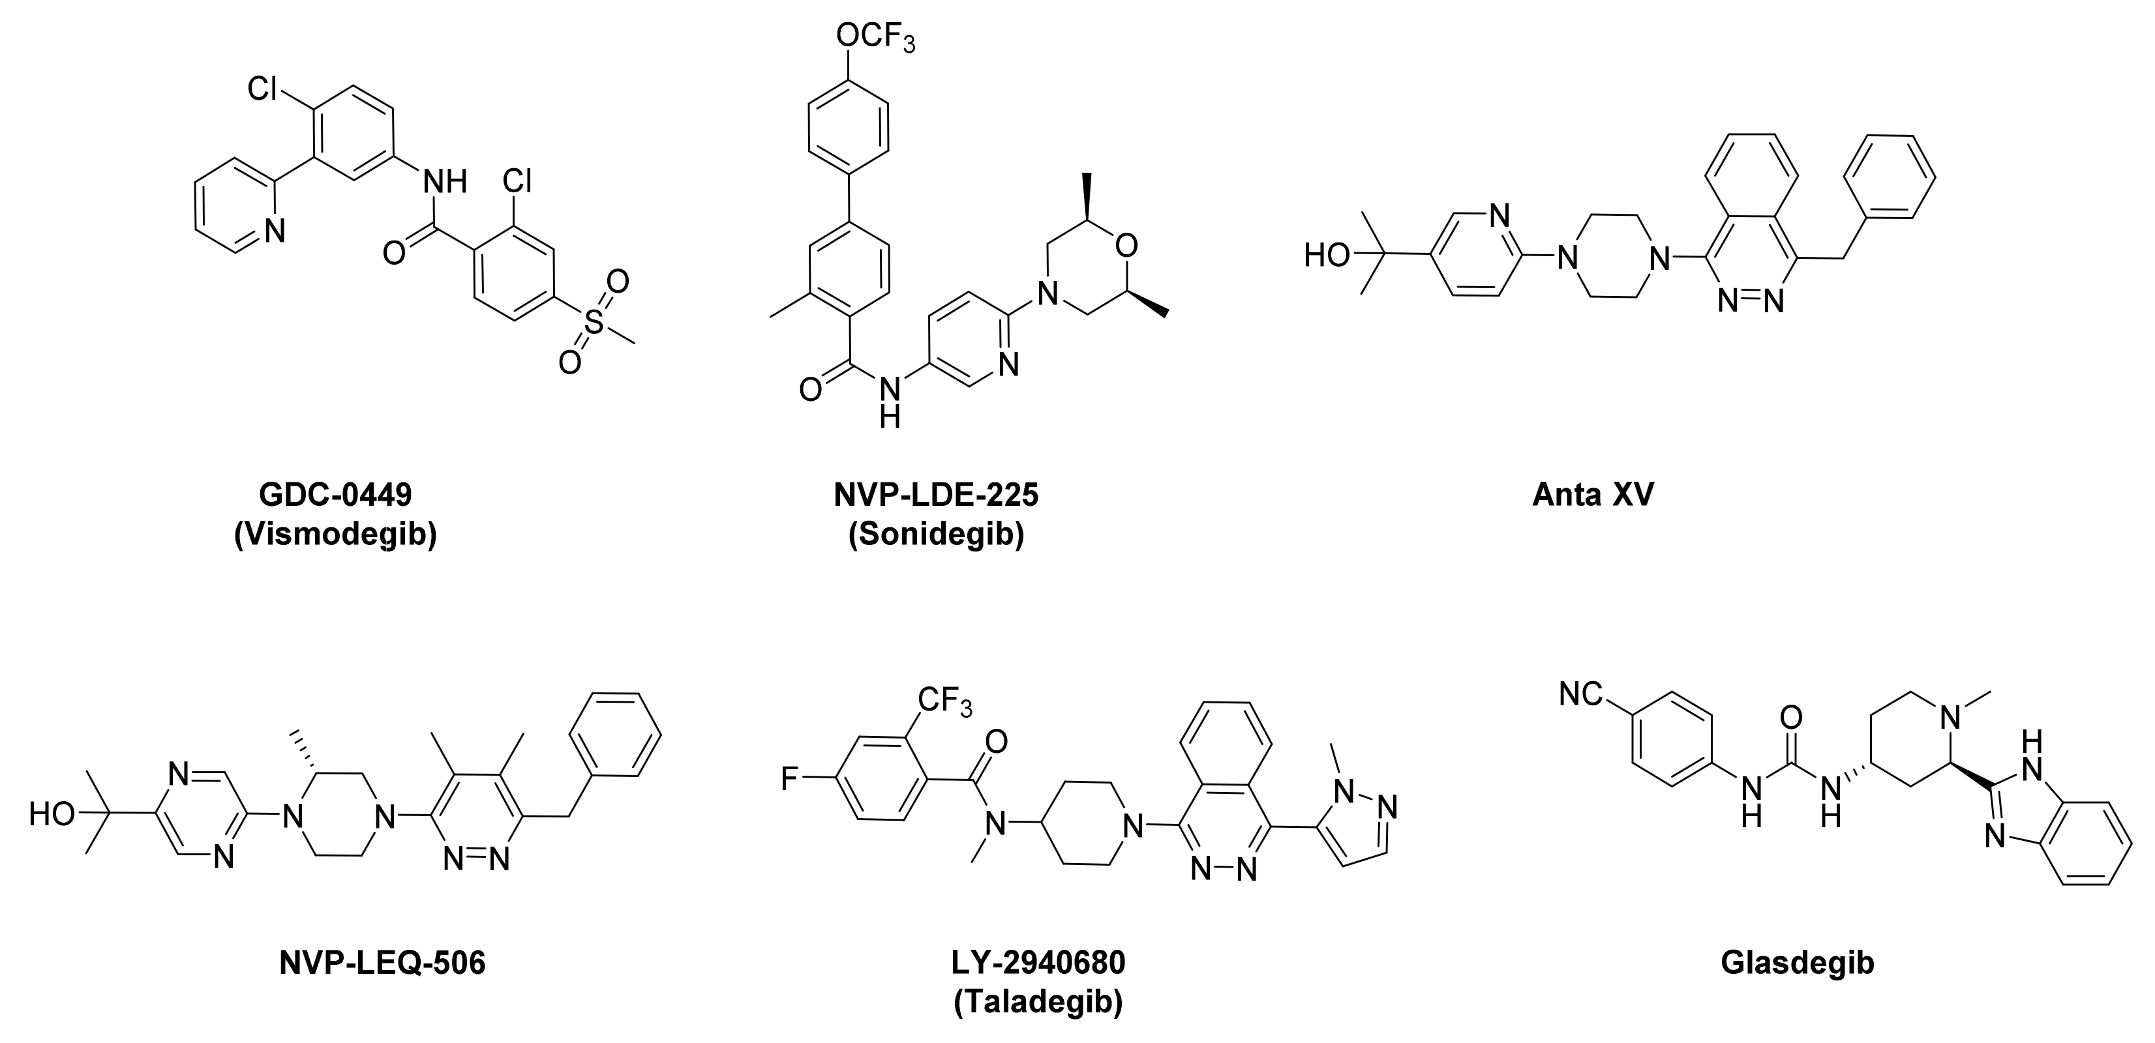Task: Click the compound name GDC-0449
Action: tap(335, 495)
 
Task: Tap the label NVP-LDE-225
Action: tap(936, 495)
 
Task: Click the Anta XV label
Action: tap(1593, 495)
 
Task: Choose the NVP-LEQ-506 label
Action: tap(382, 963)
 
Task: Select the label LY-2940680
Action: tap(1038, 963)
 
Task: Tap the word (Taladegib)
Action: tap(1038, 1002)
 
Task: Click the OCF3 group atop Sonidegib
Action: tap(874, 38)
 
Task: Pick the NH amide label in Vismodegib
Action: tap(444, 181)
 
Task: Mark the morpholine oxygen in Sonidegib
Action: tap(1126, 246)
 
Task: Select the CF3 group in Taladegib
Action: tap(944, 700)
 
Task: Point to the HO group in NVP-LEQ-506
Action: tap(52, 814)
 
